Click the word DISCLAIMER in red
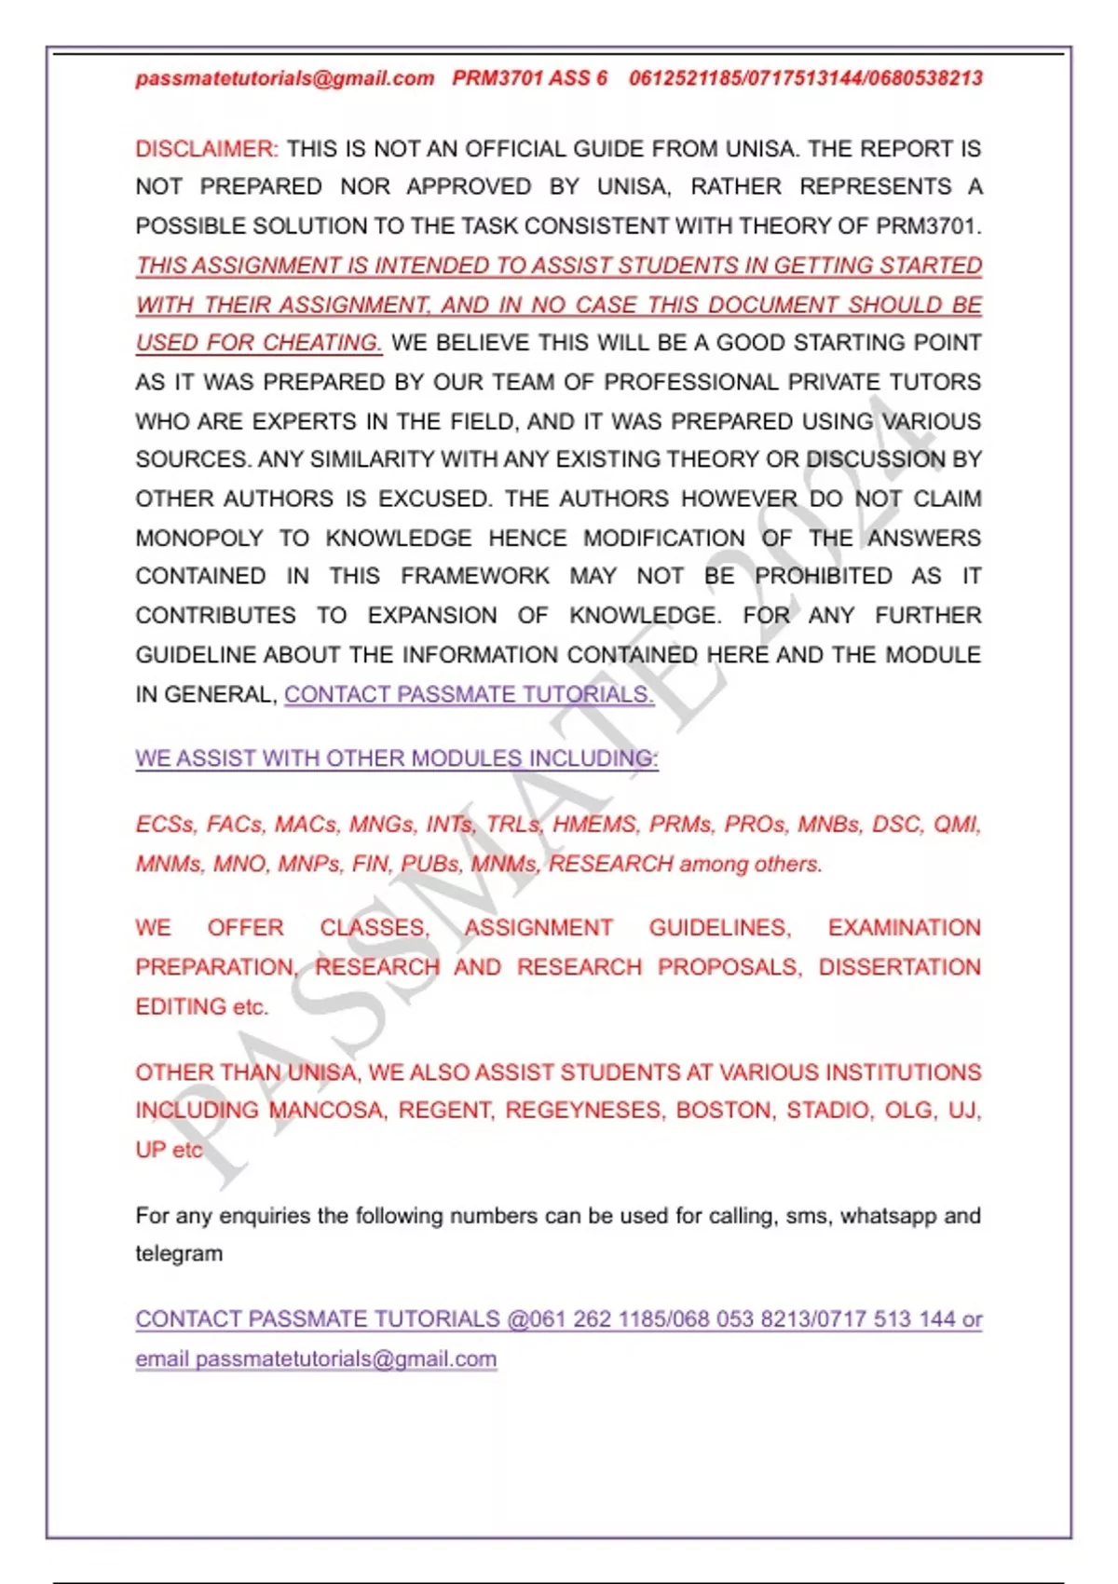pos(206,149)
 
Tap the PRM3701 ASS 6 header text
pos(529,78)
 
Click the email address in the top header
pos(285,78)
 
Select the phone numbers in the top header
pos(806,78)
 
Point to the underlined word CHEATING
pos(322,343)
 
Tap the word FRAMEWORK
pos(475,577)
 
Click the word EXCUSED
pos(434,499)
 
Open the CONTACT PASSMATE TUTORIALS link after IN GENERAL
pos(469,695)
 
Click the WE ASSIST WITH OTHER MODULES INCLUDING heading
pos(397,759)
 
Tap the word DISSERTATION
pos(899,968)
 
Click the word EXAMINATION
pos(904,928)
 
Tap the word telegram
pos(179,1254)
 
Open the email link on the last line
pos(316,1359)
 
